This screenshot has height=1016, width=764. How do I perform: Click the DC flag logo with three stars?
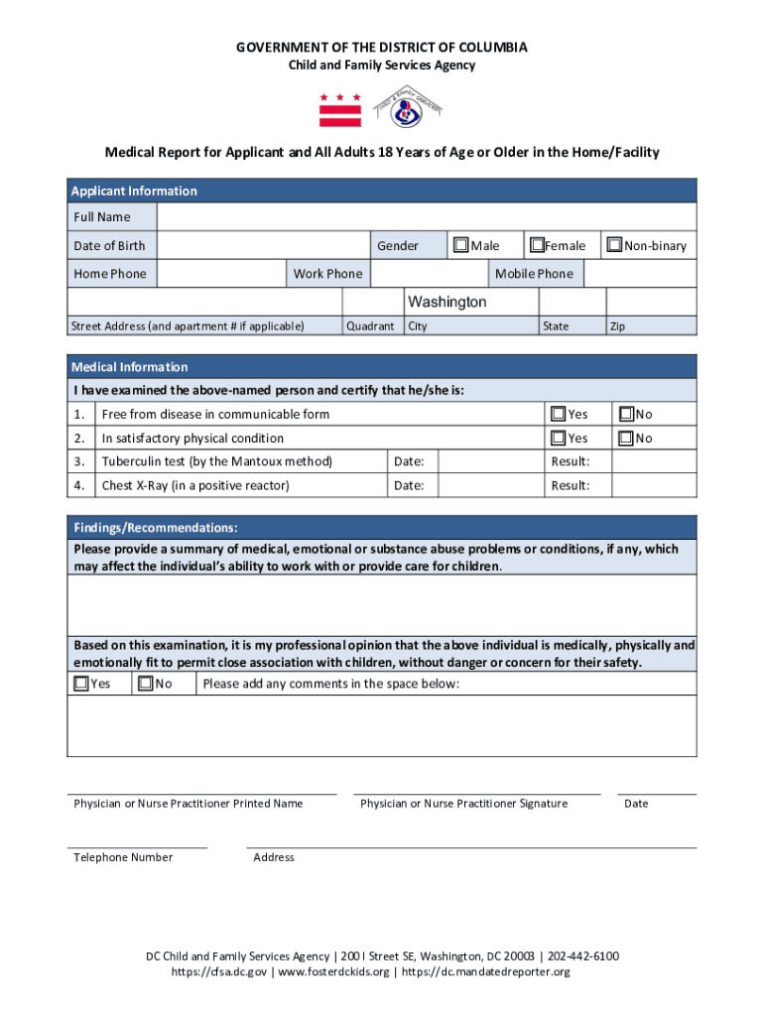coord(339,110)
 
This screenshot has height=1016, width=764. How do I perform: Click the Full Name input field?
coord(427,217)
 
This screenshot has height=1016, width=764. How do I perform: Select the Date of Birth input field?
coord(263,246)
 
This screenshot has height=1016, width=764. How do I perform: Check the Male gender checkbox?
coord(461,245)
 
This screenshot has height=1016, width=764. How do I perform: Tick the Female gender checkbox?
coord(537,245)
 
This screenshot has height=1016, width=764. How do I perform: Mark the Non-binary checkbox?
coord(615,245)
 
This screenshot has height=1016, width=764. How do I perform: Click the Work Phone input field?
coord(431,274)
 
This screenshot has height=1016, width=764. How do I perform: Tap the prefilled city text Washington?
coord(447,302)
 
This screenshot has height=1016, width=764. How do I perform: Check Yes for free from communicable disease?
coord(559,414)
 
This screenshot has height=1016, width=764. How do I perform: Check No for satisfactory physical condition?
coord(626,439)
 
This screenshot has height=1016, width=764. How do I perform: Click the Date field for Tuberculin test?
coord(490,461)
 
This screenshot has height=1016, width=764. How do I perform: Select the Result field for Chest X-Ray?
coord(653,485)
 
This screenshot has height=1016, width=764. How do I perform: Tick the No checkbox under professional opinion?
coord(146,683)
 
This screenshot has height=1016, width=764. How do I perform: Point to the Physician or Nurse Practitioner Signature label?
coord(463,804)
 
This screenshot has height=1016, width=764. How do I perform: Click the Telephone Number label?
coord(123,857)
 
